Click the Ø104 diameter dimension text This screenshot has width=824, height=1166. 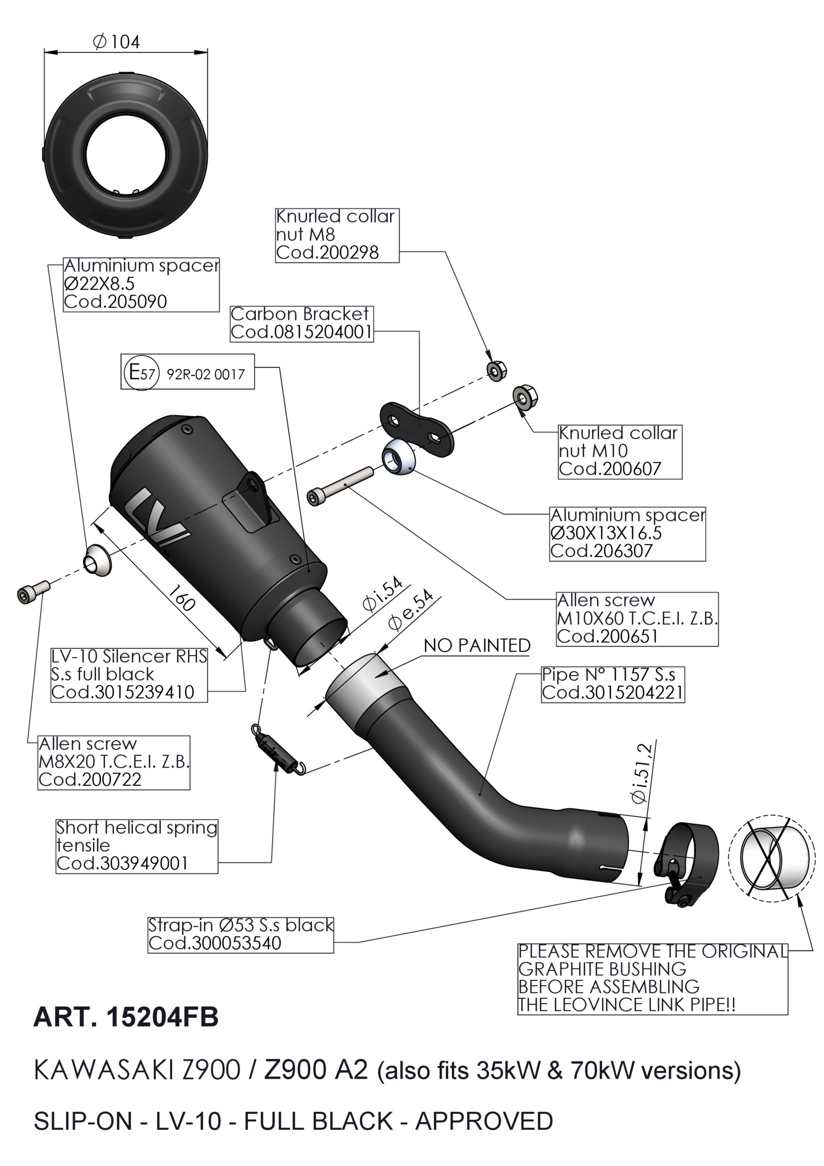point(118,42)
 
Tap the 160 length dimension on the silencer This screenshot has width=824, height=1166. point(181,598)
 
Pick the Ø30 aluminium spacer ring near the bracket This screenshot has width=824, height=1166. point(398,456)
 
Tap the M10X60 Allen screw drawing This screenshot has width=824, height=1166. point(339,484)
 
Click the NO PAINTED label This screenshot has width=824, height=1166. point(477,646)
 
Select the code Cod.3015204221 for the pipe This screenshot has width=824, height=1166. point(613,692)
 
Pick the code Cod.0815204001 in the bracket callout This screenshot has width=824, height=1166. point(301,332)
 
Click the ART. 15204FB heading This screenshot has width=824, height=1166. point(126,1018)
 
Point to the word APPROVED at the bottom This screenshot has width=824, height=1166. point(483,1121)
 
